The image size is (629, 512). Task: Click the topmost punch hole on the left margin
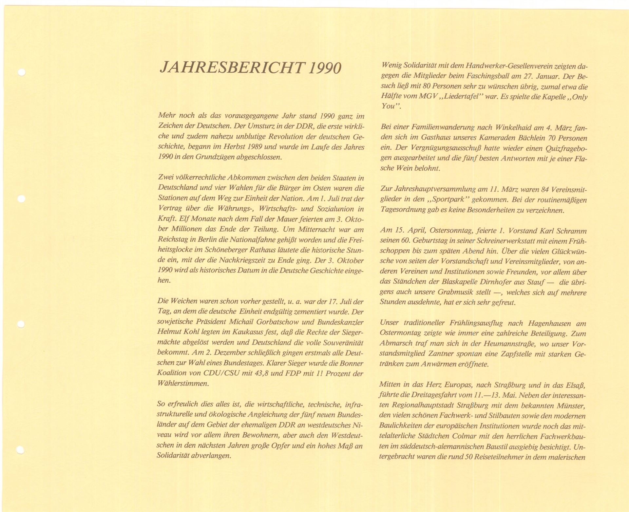21,72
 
